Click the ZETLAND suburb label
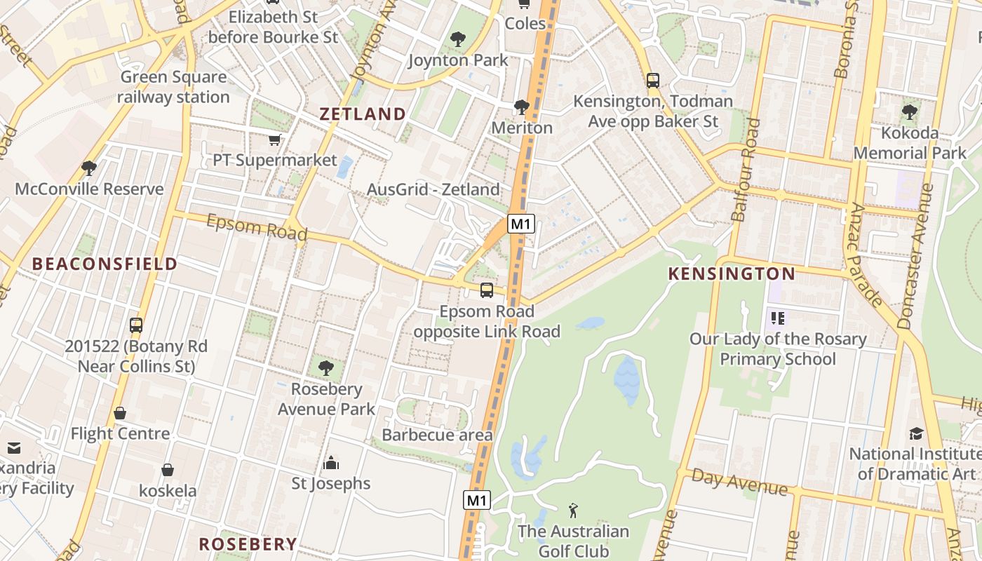(363, 114)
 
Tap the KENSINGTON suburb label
(732, 273)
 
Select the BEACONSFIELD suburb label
(105, 264)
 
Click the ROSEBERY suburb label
(248, 543)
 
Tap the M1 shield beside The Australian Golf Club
(476, 501)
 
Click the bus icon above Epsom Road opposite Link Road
(486, 290)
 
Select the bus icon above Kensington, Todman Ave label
(653, 80)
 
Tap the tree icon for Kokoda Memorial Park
(909, 111)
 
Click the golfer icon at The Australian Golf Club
(573, 510)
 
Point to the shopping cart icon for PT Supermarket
(274, 140)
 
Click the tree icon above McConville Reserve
(88, 168)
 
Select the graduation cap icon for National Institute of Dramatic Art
(916, 433)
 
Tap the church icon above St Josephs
(330, 463)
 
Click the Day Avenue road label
(739, 482)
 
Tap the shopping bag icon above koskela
(167, 469)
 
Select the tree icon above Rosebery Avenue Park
(325, 367)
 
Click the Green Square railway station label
(173, 87)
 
